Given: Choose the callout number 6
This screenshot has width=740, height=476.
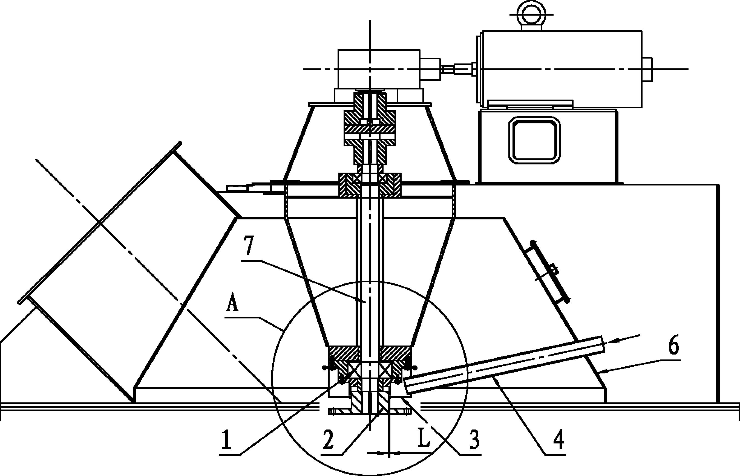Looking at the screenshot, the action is click(x=673, y=347).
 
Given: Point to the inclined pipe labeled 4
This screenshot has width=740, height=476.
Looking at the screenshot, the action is click(x=504, y=364).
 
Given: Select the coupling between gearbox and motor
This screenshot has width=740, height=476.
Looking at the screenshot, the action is click(x=458, y=68).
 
